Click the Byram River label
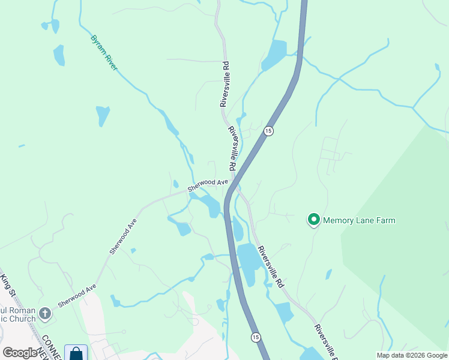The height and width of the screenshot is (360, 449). [104, 53]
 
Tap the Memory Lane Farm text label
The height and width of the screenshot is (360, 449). [359, 220]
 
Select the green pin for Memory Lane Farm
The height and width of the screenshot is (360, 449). [313, 220]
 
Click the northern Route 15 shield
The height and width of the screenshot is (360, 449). [268, 131]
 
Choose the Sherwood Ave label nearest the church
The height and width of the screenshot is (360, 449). [77, 296]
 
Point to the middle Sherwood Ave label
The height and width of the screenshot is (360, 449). [123, 235]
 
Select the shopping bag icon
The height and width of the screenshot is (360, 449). [76, 354]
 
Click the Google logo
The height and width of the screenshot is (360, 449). [19, 353]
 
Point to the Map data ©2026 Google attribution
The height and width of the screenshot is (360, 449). [412, 355]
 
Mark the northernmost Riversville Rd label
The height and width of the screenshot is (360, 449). [224, 84]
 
